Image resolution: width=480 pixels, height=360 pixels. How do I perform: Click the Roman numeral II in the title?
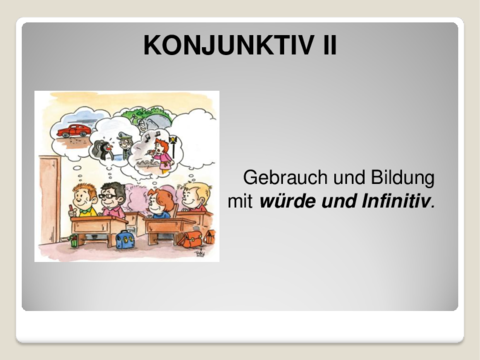(323, 45)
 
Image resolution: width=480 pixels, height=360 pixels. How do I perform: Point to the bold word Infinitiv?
(394, 202)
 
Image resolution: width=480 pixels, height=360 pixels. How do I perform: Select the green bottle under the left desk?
(73, 239)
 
